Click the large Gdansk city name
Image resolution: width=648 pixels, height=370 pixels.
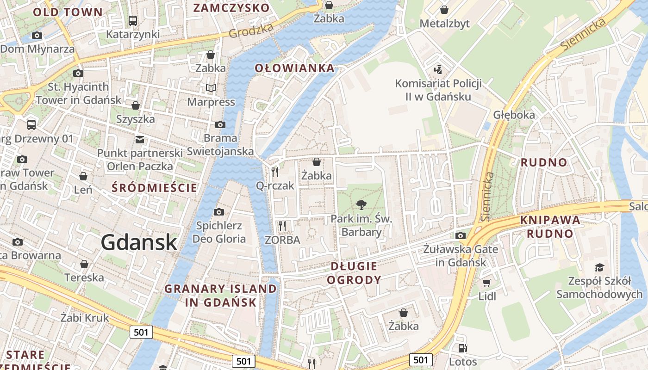click(x=139, y=242)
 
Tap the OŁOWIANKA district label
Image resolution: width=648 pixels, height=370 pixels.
click(x=294, y=68)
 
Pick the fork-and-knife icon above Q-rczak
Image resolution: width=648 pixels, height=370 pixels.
click(x=275, y=172)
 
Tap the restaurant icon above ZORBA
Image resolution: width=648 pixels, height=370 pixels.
click(x=282, y=226)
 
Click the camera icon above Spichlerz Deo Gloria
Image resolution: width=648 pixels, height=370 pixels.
click(x=219, y=212)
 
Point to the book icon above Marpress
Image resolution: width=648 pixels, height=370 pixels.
click(x=211, y=88)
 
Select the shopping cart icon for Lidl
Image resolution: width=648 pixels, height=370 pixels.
click(x=486, y=282)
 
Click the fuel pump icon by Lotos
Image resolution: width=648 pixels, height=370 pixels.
click(x=462, y=348)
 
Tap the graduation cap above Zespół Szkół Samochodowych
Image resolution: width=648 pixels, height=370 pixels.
click(x=599, y=267)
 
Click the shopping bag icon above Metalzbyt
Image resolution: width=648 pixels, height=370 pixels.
click(x=444, y=9)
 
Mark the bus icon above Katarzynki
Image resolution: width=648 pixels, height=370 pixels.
click(x=133, y=20)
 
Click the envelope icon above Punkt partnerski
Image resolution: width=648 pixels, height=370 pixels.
click(x=139, y=139)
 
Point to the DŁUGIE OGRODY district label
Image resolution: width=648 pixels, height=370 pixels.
click(x=354, y=273)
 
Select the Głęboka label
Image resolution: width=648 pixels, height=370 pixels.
click(x=514, y=115)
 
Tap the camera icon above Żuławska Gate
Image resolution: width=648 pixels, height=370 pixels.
click(x=460, y=235)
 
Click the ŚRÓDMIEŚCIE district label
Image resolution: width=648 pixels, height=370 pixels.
click(x=155, y=188)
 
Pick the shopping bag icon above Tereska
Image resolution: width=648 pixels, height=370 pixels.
click(x=84, y=264)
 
